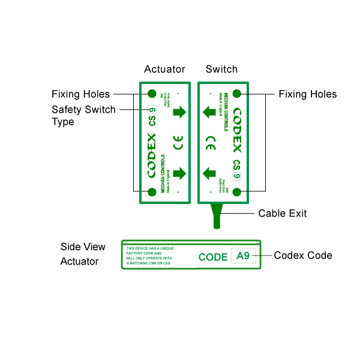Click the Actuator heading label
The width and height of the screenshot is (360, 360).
point(164,69)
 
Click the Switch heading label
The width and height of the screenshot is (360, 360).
point(221,69)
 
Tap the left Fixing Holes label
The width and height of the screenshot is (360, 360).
point(80,94)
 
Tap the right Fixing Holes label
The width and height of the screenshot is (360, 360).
point(308,94)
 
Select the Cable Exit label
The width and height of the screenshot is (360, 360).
point(283,213)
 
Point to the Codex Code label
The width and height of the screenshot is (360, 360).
point(303,255)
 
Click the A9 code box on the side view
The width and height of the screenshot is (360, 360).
point(243,256)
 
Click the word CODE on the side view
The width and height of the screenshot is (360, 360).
point(213,257)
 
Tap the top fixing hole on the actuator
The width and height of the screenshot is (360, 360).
point(152,94)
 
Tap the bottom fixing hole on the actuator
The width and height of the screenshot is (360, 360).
point(152,191)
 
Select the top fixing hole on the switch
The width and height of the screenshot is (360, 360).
point(237,94)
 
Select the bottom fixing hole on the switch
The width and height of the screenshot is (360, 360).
point(237,191)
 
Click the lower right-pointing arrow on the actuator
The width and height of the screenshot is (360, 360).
point(179,173)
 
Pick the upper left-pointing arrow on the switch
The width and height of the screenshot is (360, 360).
point(209,112)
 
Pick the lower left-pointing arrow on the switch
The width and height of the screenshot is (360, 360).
point(209,173)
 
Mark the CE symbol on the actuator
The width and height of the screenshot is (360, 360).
point(179,143)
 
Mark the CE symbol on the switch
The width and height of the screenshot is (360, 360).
point(211,143)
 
